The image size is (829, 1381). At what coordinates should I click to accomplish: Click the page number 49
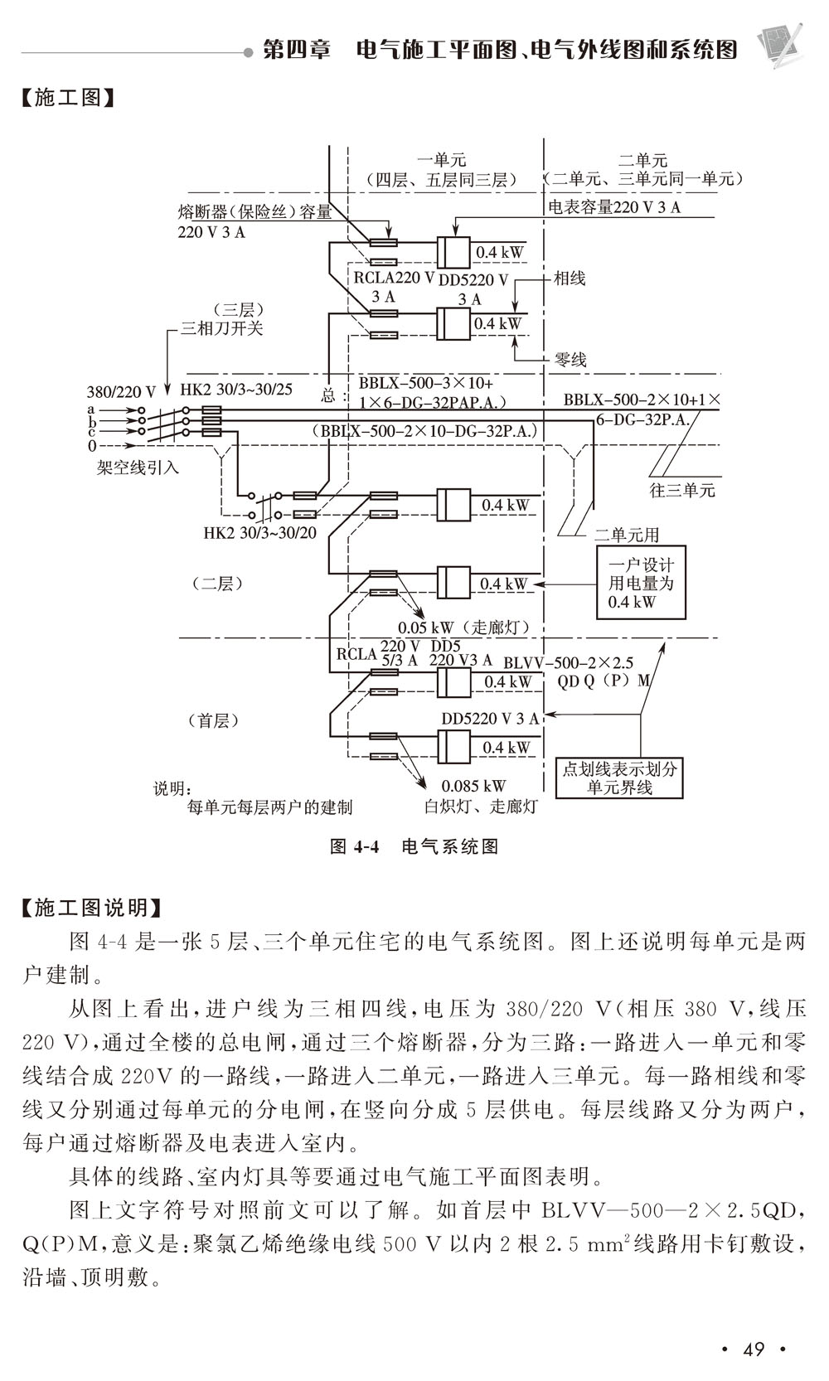(753, 1349)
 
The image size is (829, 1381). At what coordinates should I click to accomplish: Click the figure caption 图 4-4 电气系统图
(414, 846)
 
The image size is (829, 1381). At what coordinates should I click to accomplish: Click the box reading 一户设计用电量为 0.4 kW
(641, 583)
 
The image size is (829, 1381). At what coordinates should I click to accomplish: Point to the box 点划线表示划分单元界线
(619, 778)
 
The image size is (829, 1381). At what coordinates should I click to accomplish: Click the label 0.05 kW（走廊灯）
(463, 628)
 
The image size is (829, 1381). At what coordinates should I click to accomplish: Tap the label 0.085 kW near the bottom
(473, 785)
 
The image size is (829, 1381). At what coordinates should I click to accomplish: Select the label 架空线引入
(138, 468)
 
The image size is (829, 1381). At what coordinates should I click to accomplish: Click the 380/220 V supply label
(121, 391)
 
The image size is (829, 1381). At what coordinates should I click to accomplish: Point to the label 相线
(570, 279)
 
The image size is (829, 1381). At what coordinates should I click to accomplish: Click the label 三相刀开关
(222, 328)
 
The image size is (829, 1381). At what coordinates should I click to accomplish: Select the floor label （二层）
(217, 583)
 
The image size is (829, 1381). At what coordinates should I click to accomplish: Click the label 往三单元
(681, 490)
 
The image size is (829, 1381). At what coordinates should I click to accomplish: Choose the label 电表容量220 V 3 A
(614, 207)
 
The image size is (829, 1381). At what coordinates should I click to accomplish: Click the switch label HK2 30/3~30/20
(259, 533)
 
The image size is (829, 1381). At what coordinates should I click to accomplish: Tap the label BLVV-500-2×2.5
(568, 662)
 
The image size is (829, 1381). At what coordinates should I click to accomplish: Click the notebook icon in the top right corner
(779, 43)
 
